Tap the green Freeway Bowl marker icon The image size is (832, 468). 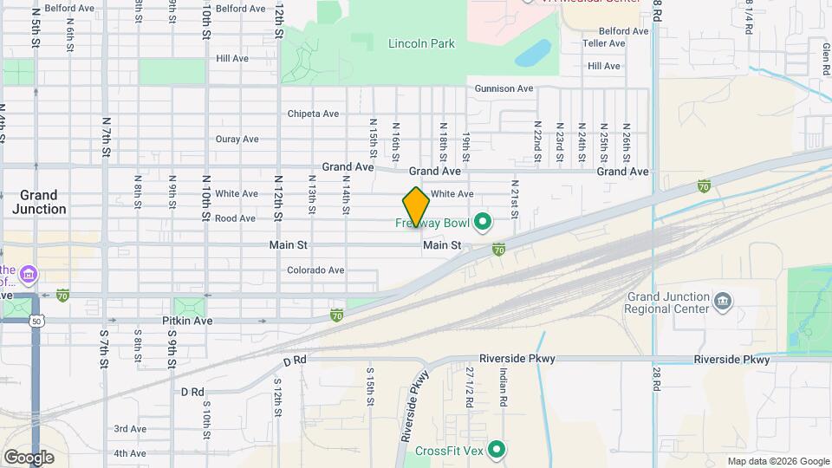483,223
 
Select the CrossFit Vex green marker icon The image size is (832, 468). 497,449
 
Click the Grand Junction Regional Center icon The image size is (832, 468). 722,302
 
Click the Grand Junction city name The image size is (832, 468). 39,202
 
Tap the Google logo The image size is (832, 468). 29,458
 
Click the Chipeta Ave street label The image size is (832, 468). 313,114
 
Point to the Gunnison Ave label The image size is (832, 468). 504,88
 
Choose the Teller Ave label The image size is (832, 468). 604,42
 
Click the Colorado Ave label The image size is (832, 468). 315,270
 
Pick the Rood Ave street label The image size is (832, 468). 235,218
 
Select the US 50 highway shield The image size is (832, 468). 36,321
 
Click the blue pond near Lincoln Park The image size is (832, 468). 531,53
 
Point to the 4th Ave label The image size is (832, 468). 129,453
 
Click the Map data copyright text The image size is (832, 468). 778,461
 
